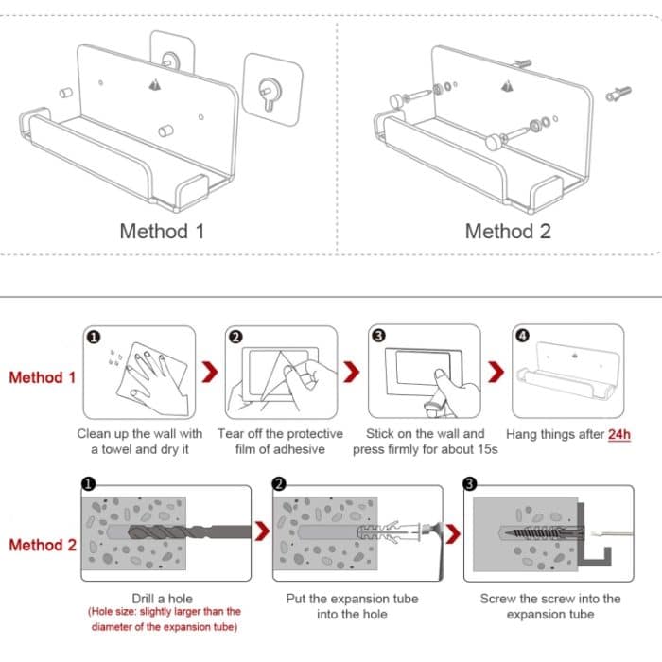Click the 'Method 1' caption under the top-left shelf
[162, 231]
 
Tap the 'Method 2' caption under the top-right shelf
[508, 231]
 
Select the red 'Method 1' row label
[42, 377]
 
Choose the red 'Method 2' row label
[42, 545]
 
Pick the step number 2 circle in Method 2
[280, 483]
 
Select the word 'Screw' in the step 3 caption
[498, 598]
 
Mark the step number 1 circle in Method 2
[88, 483]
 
